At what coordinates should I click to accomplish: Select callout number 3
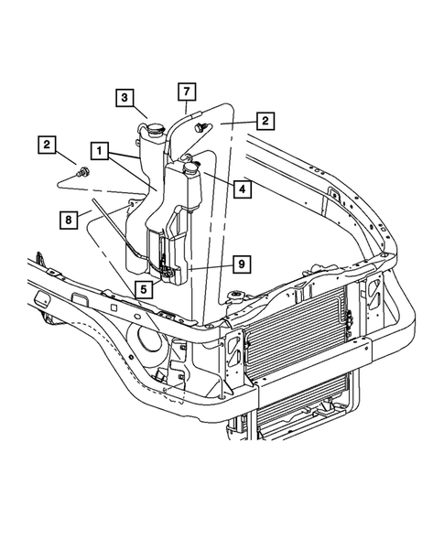click(125, 96)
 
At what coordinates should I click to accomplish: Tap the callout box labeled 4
click(242, 189)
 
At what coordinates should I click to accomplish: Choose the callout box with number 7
click(187, 92)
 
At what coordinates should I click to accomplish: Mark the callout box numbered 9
click(242, 264)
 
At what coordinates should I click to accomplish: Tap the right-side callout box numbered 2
click(265, 120)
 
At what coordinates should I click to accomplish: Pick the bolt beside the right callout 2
click(200, 128)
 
